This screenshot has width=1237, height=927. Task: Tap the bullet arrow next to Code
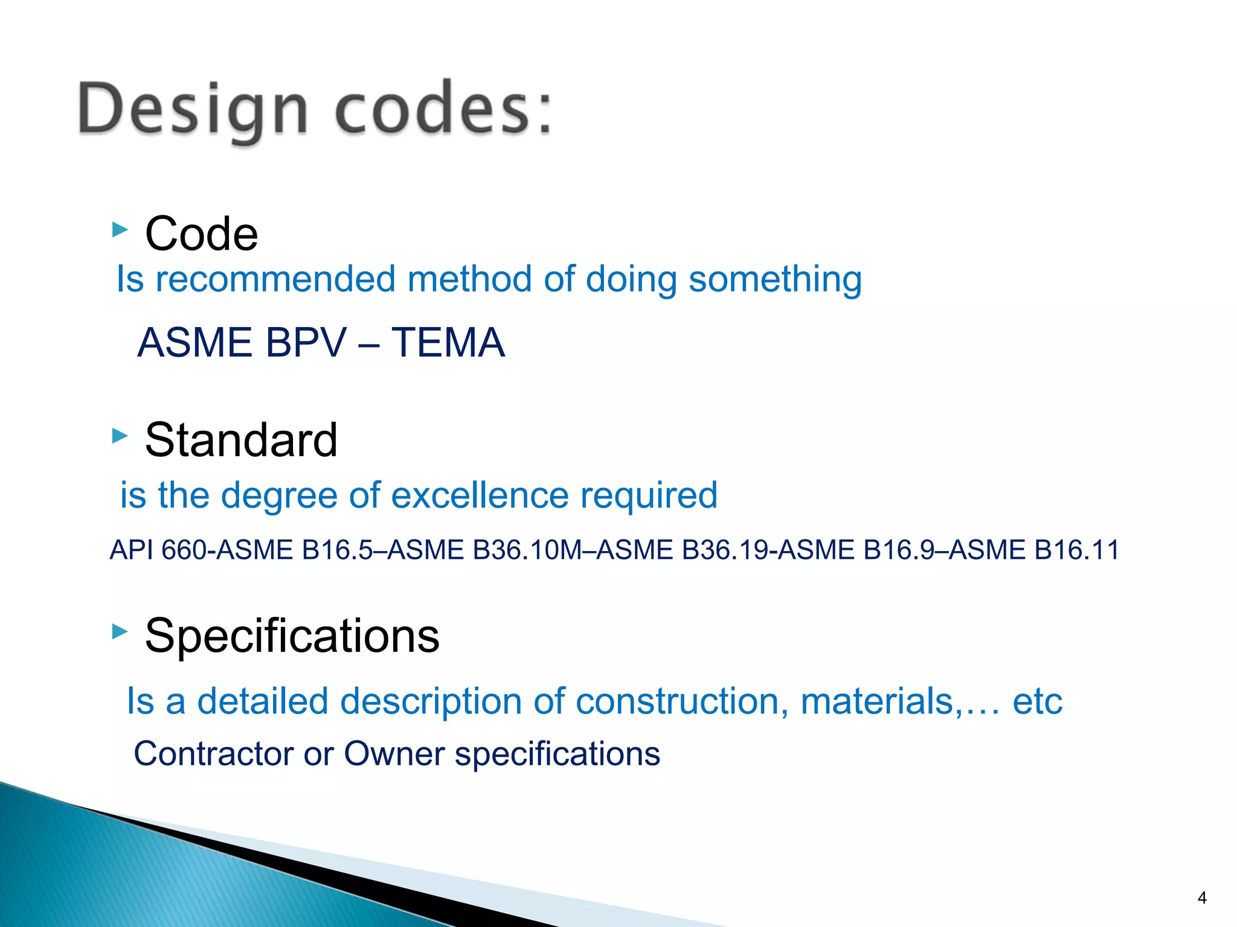[x=120, y=229]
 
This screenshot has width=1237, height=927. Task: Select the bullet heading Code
[x=201, y=234]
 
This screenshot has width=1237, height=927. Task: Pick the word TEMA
[x=448, y=343]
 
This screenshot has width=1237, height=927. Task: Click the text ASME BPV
[x=242, y=343]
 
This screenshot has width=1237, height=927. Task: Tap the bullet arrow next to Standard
[x=120, y=436]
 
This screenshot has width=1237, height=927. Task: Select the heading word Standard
[x=241, y=440]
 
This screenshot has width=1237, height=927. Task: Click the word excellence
[x=480, y=495]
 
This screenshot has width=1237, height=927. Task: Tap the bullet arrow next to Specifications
[x=120, y=632]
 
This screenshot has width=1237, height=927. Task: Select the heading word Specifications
[x=292, y=636]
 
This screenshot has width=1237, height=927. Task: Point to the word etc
[x=1037, y=702]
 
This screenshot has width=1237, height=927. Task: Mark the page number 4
[x=1202, y=898]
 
